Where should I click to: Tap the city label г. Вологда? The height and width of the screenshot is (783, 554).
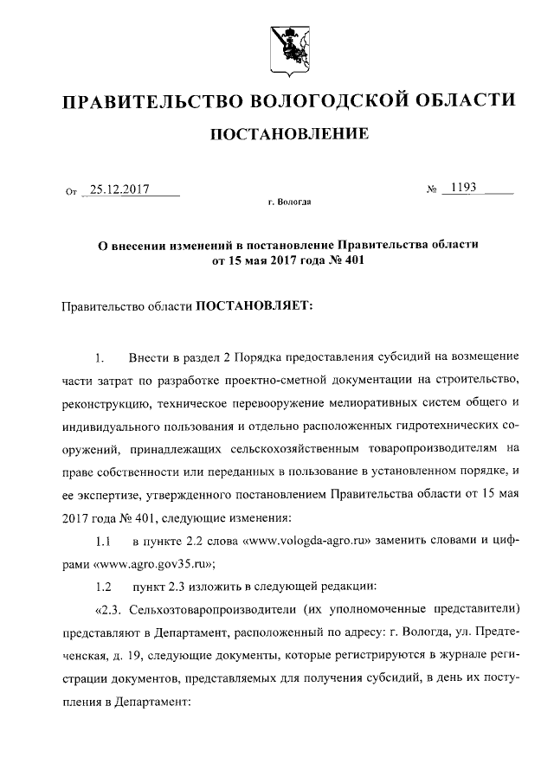point(288,202)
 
